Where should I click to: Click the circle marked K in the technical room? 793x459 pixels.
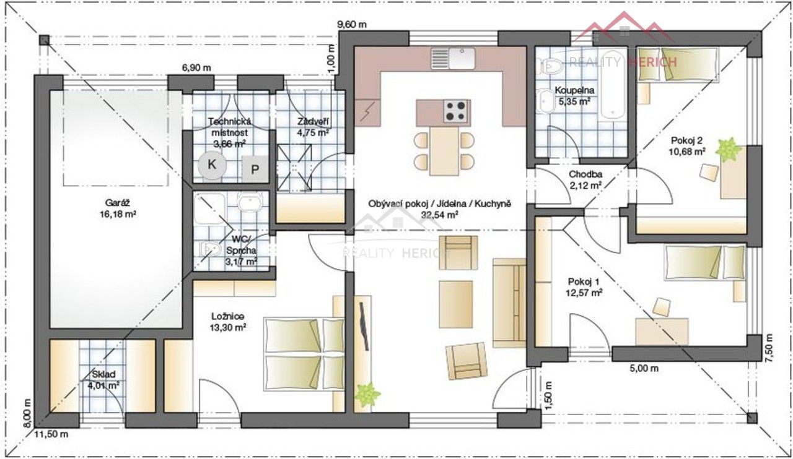[212, 165]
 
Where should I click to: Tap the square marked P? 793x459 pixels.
[255, 169]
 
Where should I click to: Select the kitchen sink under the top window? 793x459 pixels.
[453, 58]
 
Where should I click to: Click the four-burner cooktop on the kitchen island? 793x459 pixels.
[457, 111]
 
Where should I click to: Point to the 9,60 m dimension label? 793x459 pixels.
[351, 24]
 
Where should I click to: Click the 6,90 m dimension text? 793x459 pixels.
[197, 67]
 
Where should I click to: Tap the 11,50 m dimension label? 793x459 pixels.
[51, 434]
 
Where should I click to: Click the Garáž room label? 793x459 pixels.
[118, 203]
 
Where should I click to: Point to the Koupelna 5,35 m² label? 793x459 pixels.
[574, 96]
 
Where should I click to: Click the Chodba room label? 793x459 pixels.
[585, 174]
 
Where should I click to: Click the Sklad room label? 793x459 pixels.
[103, 374]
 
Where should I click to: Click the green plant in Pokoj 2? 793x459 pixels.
[728, 149]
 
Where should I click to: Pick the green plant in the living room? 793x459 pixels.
[367, 394]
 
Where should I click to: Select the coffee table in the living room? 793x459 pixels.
[456, 304]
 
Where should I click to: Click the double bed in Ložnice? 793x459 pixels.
[304, 354]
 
